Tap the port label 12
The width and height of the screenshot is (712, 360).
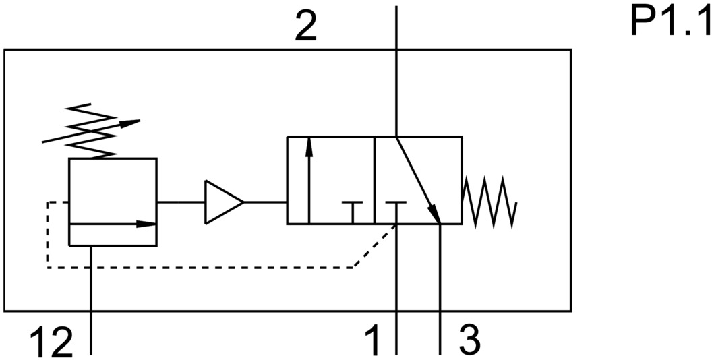(52, 343)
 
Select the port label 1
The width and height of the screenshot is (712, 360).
(371, 341)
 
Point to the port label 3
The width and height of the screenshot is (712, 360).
(469, 341)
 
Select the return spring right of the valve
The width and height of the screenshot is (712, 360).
(489, 202)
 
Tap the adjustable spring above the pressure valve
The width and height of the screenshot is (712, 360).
(90, 131)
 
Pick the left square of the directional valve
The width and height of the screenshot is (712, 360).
(330, 180)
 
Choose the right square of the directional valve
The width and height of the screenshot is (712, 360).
(418, 180)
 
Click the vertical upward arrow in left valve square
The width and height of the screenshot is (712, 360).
(309, 179)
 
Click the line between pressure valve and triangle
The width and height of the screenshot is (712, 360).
(181, 202)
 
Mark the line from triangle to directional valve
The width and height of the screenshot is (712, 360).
(265, 202)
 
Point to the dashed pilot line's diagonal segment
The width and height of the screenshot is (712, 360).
(374, 247)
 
